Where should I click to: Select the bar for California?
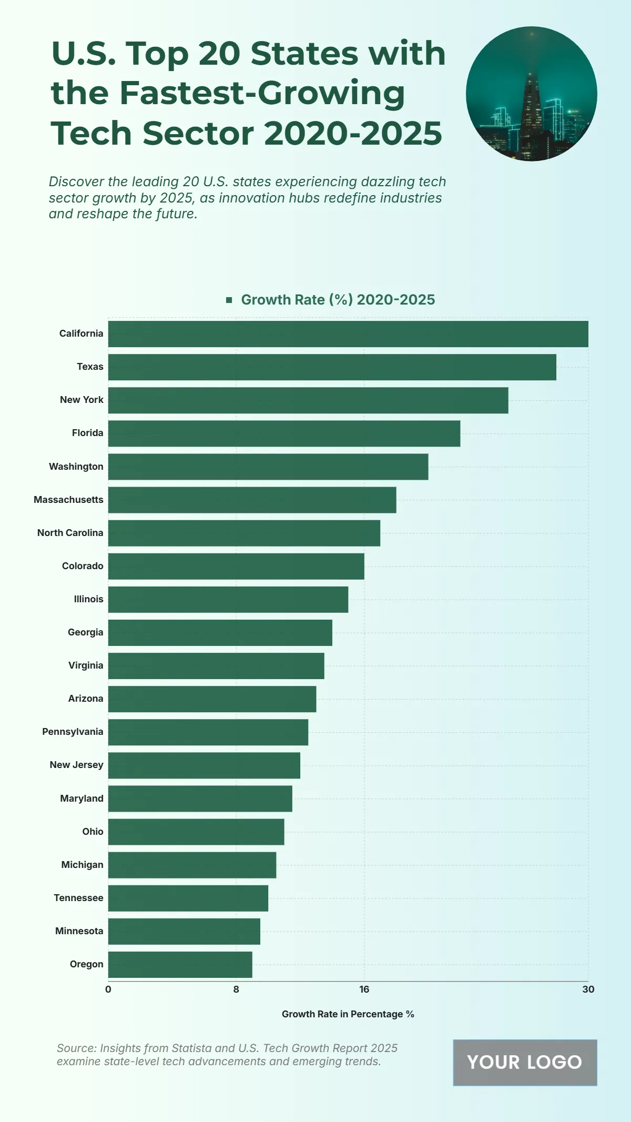348,334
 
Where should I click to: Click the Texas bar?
332,367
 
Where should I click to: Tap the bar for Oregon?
180,965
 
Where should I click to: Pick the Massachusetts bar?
252,500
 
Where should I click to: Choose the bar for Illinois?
228,600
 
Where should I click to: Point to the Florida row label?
88,433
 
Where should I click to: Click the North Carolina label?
70,533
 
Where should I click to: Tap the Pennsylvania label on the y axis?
73,732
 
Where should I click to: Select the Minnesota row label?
79,931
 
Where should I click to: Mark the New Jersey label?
77,765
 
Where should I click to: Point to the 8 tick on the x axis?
236,989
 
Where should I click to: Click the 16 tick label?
364,989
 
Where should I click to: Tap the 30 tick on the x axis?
588,989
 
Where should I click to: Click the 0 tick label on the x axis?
108,989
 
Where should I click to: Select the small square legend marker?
229,300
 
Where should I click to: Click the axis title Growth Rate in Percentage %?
348,1014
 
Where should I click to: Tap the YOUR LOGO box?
525,1063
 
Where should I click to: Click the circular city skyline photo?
531,94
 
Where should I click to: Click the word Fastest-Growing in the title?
262,93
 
